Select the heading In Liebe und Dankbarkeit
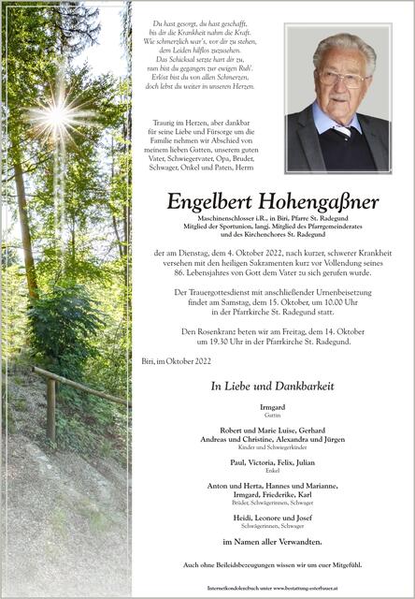[272, 386]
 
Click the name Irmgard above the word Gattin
[272, 408]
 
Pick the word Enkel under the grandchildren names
[272, 470]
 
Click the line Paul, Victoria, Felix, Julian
[272, 461]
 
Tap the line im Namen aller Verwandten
[272, 542]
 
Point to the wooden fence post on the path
[51, 412]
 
